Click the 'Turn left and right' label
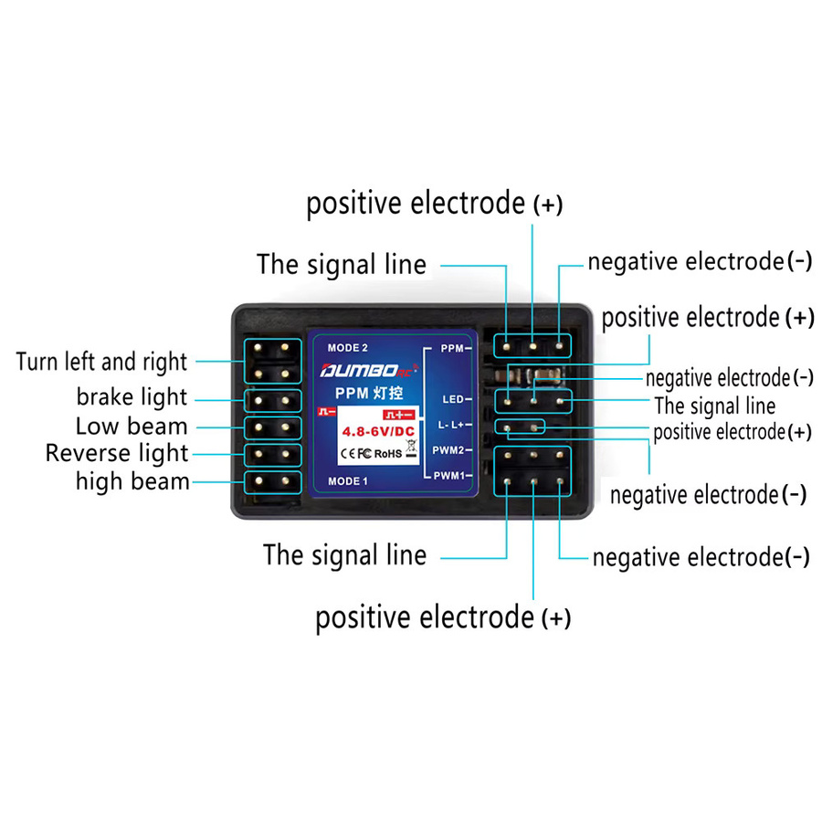[x=101, y=363]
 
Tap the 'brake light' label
[x=132, y=397]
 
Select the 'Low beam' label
[x=132, y=427]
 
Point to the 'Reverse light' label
[x=117, y=453]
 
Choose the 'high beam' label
[x=132, y=481]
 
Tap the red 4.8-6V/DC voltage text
[x=378, y=431]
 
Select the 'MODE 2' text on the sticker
[x=348, y=348]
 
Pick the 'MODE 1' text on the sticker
[x=348, y=481]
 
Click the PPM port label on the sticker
[x=452, y=348]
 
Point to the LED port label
[x=453, y=399]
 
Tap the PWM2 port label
[x=448, y=450]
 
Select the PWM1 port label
[x=448, y=476]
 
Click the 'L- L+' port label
[x=451, y=425]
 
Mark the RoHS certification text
[x=388, y=454]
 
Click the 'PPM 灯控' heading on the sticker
[x=369, y=393]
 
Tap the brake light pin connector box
[x=272, y=401]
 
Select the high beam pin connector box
[x=272, y=482]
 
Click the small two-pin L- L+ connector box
[x=520, y=427]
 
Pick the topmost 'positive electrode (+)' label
[x=435, y=204]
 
